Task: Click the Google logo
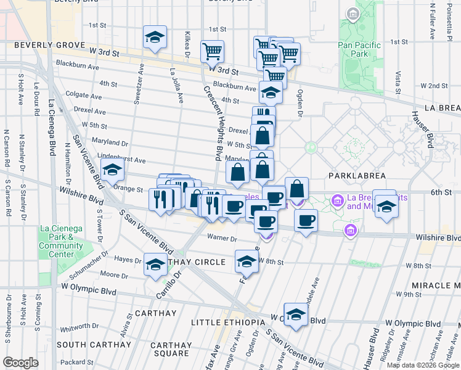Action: click(20, 362)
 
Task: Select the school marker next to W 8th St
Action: click(247, 261)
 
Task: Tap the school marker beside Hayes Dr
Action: click(155, 265)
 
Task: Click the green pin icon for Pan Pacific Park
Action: click(353, 14)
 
